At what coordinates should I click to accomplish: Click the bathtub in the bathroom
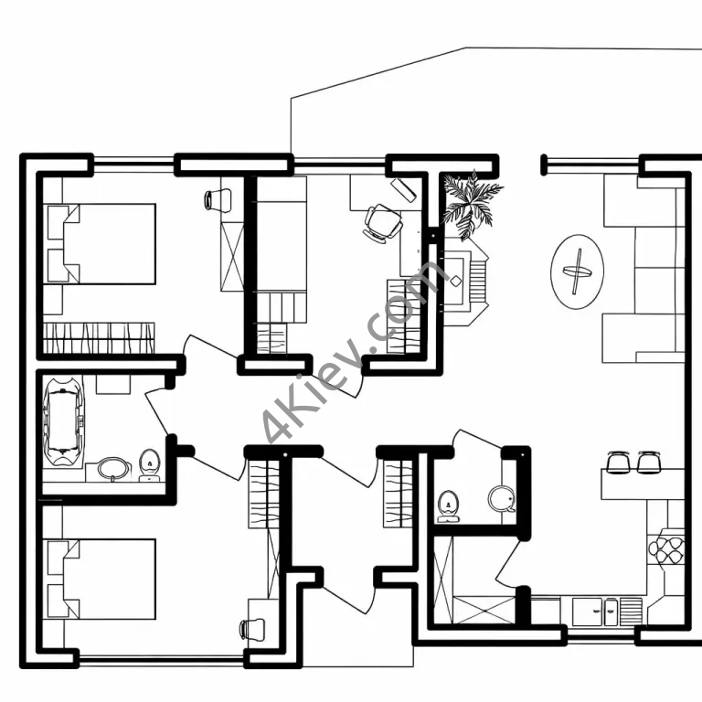tap(63, 421)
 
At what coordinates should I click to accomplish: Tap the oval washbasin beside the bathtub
tap(113, 469)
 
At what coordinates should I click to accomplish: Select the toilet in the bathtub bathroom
tap(150, 465)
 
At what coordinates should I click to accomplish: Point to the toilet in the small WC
tap(448, 505)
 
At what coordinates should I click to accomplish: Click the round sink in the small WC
tap(502, 499)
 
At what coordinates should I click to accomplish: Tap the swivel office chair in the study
tap(383, 223)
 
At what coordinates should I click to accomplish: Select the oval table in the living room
tap(577, 271)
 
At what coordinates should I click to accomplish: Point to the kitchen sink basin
tap(587, 612)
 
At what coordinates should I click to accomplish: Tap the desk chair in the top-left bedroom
tap(218, 199)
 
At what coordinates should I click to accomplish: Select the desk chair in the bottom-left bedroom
tap(252, 630)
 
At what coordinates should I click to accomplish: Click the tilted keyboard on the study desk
tap(403, 190)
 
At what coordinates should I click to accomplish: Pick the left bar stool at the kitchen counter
tap(618, 462)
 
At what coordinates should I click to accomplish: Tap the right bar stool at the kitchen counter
tap(649, 462)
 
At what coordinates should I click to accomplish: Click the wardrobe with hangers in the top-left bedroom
tap(99, 338)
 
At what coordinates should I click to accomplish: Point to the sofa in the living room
tap(643, 268)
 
